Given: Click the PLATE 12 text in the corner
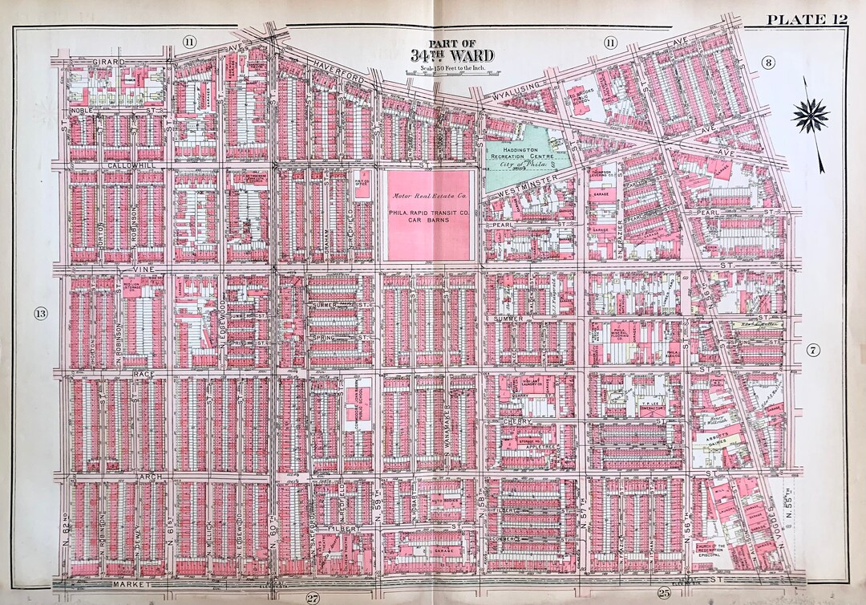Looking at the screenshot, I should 806,19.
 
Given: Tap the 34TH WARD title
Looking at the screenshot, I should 452,55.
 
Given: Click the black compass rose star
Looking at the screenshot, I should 810,116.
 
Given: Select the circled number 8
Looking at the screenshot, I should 767,63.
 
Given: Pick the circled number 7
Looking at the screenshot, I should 811,350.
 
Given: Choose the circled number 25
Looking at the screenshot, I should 663,594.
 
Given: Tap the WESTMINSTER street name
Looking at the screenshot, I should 527,192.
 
